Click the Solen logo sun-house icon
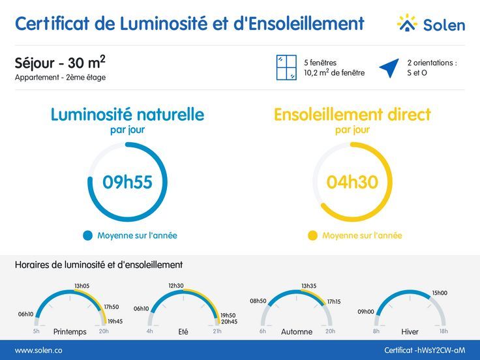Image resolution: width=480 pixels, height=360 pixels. click(407, 23)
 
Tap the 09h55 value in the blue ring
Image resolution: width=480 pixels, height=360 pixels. click(127, 182)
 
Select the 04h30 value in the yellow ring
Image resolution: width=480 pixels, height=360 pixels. click(352, 182)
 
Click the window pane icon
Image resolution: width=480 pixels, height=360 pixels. click(286, 68)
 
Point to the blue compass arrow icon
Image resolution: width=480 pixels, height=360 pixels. click(390, 68)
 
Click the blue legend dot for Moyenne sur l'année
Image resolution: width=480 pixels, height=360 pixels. click(87, 235)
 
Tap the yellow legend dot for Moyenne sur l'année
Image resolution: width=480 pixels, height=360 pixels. click(312, 235)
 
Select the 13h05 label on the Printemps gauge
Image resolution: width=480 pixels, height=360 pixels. click(82, 286)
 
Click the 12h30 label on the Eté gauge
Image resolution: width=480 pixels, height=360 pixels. click(176, 286)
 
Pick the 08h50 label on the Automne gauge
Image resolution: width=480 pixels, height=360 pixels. click(258, 301)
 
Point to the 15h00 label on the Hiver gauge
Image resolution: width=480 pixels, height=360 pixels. click(440, 293)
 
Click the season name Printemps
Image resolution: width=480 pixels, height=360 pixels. click(70, 331)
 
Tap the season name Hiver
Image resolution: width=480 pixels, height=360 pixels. click(410, 331)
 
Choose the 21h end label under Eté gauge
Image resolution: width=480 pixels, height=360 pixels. click(217, 331)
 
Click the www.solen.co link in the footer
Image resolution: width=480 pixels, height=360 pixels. click(38, 350)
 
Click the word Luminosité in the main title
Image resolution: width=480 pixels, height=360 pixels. click(164, 23)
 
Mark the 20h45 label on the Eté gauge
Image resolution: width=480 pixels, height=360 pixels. click(230, 322)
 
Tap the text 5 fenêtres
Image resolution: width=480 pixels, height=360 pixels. click(320, 63)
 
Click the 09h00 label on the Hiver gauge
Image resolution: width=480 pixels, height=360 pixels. click(366, 312)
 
